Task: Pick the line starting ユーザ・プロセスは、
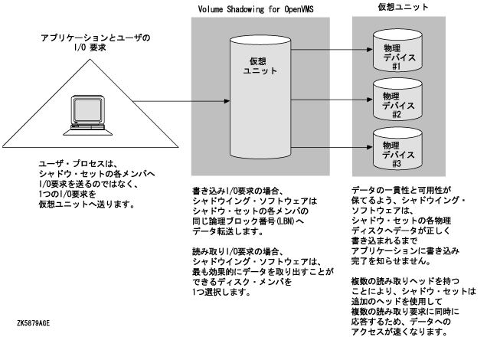(73, 164)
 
